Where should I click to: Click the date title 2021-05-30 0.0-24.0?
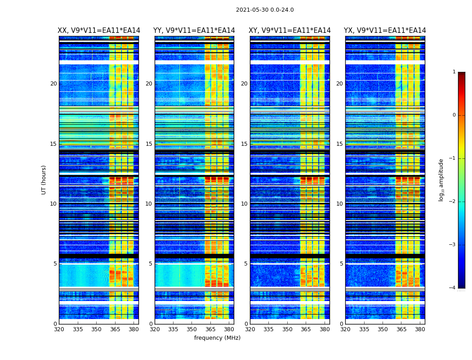coord(265,10)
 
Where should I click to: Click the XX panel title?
coord(99,31)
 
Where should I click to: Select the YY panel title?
coord(194,31)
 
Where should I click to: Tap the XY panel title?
coord(289,31)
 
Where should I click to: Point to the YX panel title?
coord(385,31)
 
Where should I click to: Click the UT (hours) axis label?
coord(44,180)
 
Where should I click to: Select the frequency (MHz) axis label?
coord(217,338)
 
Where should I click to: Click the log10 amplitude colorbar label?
coord(441,180)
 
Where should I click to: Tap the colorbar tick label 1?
coord(454,72)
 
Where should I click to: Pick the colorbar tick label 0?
coord(454,115)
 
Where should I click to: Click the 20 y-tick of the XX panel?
coord(53,84)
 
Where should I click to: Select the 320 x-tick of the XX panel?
coord(59,329)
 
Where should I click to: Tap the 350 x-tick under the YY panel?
coord(192,329)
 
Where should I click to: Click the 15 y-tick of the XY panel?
coord(244,144)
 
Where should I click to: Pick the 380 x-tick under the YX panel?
coord(420,329)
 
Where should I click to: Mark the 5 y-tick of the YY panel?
coord(151,264)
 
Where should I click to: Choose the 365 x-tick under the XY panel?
coord(306,329)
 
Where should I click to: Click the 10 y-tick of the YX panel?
coord(339,204)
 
